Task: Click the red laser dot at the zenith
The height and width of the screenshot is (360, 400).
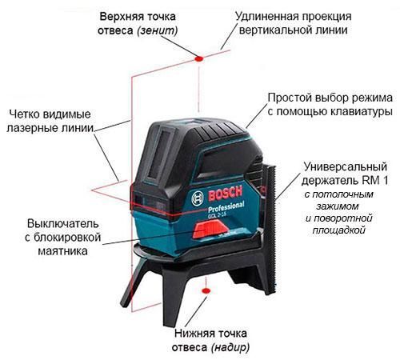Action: [x=199, y=58]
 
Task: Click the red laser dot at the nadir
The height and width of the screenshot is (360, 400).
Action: [x=206, y=290]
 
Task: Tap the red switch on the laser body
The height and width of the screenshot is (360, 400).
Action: [x=210, y=230]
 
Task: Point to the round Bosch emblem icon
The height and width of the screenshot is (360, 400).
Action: [x=198, y=198]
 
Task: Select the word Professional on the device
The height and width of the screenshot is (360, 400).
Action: [x=226, y=206]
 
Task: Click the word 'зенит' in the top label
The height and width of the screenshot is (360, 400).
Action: [x=158, y=30]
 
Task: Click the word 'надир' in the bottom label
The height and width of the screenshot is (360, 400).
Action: [x=230, y=347]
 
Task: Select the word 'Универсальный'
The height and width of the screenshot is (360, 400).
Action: [x=346, y=167]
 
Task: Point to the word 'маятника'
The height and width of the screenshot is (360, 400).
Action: [x=63, y=251]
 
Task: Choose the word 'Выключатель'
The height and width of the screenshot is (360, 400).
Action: [x=63, y=223]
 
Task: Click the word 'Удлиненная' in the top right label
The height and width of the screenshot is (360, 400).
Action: [x=266, y=17]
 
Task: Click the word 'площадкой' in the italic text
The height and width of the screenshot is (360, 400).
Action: [x=338, y=230]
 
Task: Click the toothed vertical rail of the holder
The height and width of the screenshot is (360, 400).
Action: [x=271, y=230]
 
